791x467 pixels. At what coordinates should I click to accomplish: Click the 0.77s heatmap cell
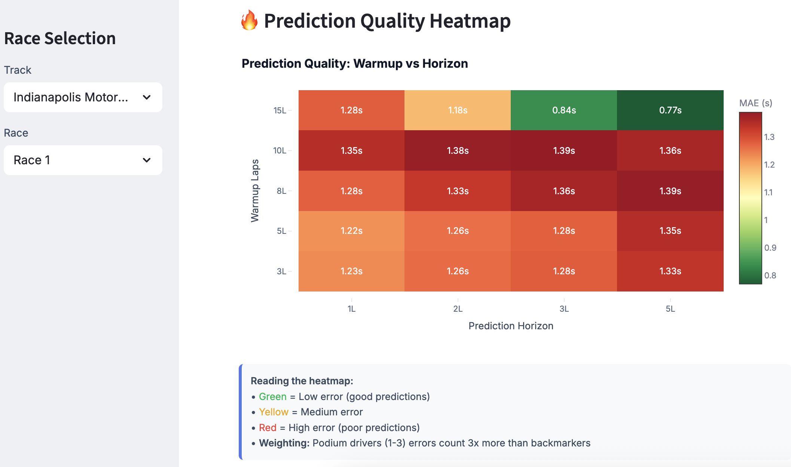pos(670,110)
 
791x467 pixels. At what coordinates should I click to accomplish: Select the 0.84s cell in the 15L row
pos(564,110)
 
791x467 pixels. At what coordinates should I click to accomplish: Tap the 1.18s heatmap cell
pos(458,110)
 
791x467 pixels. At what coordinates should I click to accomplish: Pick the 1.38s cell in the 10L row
pos(458,150)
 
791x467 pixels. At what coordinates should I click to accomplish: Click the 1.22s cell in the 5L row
pos(351,231)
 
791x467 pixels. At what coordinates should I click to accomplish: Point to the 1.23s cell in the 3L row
pos(351,271)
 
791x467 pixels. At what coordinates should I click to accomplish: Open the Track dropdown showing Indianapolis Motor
pos(83,97)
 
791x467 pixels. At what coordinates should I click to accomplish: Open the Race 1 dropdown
pos(83,160)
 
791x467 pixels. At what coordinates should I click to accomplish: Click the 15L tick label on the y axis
pos(280,110)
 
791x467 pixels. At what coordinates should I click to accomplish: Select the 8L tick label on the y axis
pos(281,191)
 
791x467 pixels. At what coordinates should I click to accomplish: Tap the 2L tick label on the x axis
pos(458,309)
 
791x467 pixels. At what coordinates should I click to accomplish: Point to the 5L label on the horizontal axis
pos(670,309)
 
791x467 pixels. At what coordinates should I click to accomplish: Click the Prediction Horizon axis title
pos(511,326)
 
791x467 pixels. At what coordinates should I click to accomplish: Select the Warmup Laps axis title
pos(255,191)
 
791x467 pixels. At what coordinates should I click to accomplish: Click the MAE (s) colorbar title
pos(755,103)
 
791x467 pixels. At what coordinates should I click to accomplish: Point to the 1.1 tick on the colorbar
pos(768,192)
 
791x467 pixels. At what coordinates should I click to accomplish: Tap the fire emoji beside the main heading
pos(249,20)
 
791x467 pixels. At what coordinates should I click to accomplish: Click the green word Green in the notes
pos(272,397)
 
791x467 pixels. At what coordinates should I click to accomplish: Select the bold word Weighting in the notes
pos(284,443)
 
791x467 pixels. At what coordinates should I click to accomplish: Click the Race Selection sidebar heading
pos(60,39)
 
